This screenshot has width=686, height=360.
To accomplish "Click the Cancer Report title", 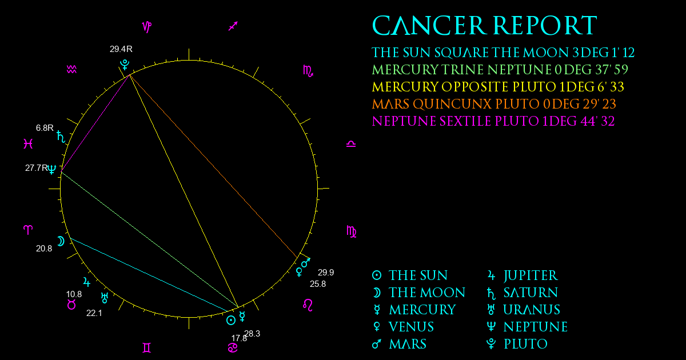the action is [x=485, y=25].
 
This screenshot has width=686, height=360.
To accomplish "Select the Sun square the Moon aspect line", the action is [x=149, y=275].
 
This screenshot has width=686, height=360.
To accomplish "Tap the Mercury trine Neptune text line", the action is [x=500, y=70].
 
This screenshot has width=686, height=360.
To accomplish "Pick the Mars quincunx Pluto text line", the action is [x=494, y=104].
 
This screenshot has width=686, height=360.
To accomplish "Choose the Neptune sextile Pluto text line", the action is [x=493, y=121].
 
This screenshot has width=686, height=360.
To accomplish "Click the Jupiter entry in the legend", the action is [x=523, y=275].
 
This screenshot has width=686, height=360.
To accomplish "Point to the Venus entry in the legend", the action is [x=403, y=327].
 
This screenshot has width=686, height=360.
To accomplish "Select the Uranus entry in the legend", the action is [x=524, y=310].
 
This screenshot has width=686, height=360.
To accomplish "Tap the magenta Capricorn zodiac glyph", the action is [x=147, y=27].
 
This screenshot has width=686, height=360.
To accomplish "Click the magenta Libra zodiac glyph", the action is [x=351, y=144].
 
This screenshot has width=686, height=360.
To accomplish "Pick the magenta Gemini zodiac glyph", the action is [x=147, y=348].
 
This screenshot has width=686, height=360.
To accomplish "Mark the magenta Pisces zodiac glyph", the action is [x=28, y=143].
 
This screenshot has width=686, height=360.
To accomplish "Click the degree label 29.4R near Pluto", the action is [x=121, y=49].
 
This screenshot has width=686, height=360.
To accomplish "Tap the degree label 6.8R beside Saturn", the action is [x=45, y=127].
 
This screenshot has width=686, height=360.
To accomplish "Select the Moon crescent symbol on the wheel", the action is [x=61, y=242].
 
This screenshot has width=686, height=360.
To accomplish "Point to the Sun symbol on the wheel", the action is [x=231, y=321].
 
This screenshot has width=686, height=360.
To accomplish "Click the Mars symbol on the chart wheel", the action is [x=306, y=262].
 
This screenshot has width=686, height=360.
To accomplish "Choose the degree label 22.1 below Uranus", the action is [x=94, y=313].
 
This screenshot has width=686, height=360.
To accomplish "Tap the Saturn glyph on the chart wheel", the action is [x=61, y=137].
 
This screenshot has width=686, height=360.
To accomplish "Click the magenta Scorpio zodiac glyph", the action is [x=308, y=71].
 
